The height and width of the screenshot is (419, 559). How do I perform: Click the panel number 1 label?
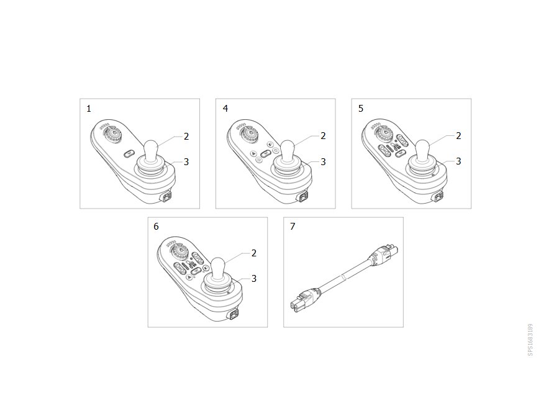89,109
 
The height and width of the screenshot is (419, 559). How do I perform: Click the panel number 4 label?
225,108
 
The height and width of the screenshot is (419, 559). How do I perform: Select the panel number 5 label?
361,108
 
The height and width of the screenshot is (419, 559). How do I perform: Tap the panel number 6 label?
156,227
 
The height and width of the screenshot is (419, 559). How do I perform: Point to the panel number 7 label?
293,226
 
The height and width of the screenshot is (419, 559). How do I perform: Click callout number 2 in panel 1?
186,137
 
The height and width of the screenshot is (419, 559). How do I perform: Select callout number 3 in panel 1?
186,162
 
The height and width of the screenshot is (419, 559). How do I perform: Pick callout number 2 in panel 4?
323,136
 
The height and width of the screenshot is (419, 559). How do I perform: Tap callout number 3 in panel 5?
458,161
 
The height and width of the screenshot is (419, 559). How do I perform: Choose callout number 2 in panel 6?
254,253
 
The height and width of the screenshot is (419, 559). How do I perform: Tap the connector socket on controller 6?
235,314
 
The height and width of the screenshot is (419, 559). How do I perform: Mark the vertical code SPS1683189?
530,340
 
